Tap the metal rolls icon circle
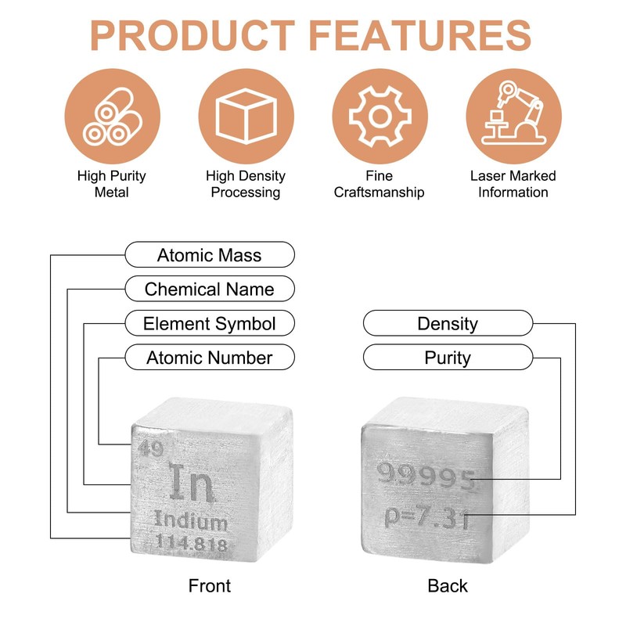[112, 117]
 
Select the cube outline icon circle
[246, 117]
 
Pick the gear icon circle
[380, 117]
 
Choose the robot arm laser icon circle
[513, 117]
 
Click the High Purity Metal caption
[112, 184]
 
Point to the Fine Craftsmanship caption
[380, 184]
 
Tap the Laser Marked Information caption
[513, 184]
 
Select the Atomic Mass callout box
[210, 255]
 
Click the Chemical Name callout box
[210, 289]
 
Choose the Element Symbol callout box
[210, 323]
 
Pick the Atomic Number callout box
[210, 358]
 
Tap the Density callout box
[448, 323]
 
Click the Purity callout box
[448, 358]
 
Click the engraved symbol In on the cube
[191, 485]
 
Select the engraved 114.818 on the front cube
[191, 544]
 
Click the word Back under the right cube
[448, 585]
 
